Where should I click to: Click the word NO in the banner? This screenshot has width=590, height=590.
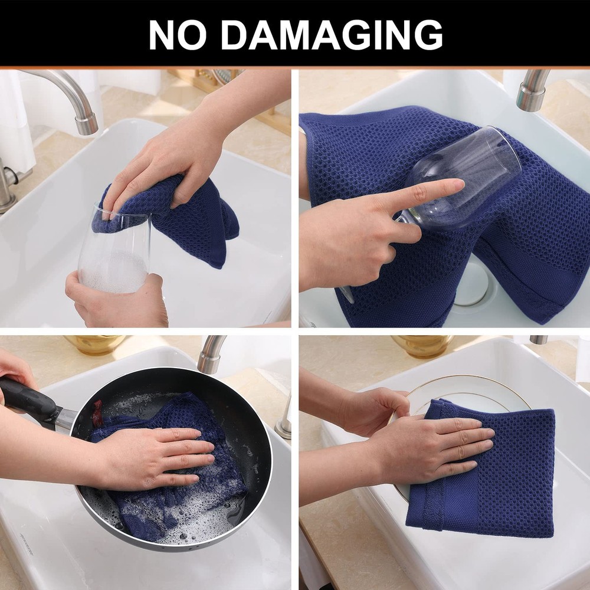[178, 35]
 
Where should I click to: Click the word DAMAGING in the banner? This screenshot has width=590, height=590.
[332, 35]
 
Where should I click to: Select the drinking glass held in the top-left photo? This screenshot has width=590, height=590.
[114, 248]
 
